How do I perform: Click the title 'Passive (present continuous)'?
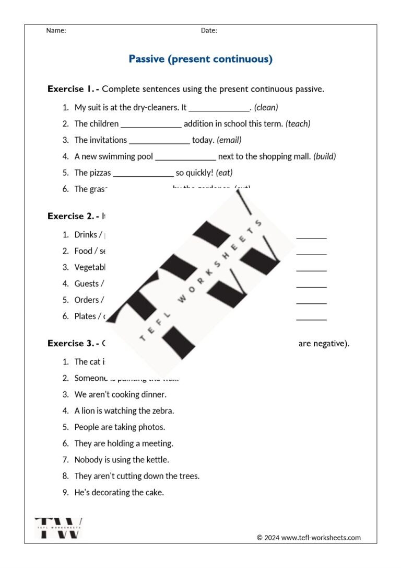(x=200, y=59)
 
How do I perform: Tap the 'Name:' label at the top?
(x=56, y=30)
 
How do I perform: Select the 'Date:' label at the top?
(x=209, y=30)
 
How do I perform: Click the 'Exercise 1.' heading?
(x=70, y=89)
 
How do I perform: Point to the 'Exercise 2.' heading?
(x=70, y=216)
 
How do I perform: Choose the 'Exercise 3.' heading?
(x=70, y=344)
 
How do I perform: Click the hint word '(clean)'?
(x=266, y=107)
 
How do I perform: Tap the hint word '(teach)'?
(x=298, y=124)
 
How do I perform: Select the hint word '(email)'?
(x=229, y=140)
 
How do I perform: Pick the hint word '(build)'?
(x=325, y=156)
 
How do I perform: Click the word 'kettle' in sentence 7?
(x=158, y=460)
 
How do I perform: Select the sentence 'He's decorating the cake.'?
(x=119, y=492)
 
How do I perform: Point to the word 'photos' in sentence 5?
(x=154, y=427)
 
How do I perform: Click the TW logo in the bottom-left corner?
(x=58, y=528)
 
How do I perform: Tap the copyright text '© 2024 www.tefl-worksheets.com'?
(x=309, y=538)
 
